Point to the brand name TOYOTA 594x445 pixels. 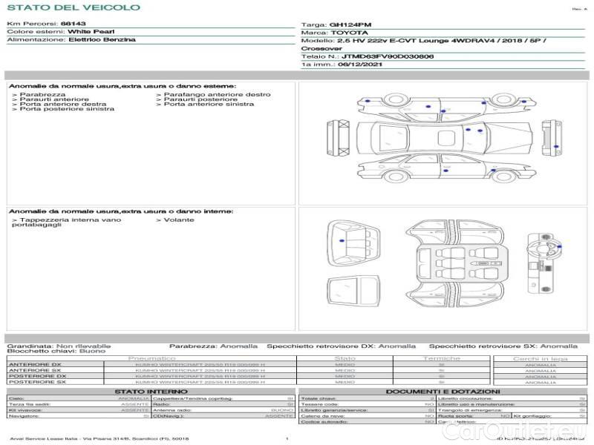coord(347,33)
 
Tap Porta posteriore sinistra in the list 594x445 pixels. coord(67,109)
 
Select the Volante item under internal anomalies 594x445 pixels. coord(178,220)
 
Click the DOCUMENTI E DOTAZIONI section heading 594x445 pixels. coord(443,391)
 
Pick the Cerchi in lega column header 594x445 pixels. coord(540,358)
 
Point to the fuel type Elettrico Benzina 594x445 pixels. coord(102,39)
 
